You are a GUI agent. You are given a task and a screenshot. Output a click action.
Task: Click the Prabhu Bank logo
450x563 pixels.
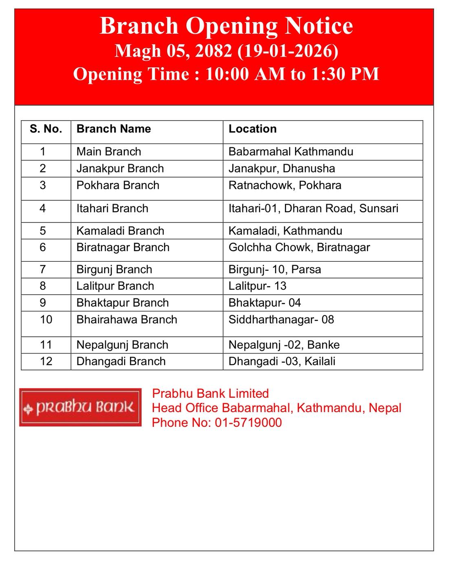80,407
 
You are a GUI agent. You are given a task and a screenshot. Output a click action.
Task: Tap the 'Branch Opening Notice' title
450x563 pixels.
226,26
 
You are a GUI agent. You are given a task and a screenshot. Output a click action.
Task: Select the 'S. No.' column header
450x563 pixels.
46,129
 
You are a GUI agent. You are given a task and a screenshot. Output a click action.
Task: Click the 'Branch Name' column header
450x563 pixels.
114,129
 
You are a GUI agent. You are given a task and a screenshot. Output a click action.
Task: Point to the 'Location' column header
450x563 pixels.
252,129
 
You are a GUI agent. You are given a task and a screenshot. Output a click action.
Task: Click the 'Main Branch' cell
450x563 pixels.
109,152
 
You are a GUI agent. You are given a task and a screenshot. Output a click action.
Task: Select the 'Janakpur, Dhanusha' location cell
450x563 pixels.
282,168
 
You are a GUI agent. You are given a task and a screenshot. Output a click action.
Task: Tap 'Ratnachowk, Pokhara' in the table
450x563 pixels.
285,185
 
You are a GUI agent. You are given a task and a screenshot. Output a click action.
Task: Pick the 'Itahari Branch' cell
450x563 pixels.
112,208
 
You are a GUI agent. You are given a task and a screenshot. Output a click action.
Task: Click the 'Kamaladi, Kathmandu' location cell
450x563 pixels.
285,231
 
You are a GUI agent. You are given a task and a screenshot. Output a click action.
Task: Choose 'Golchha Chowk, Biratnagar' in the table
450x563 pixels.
299,247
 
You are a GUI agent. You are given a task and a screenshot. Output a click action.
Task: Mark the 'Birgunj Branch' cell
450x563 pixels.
114,269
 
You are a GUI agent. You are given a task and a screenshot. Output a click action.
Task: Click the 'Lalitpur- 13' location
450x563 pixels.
257,286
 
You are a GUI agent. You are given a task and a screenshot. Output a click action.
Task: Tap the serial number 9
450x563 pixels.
43,302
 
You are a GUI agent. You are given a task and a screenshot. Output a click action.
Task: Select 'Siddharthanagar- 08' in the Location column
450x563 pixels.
281,319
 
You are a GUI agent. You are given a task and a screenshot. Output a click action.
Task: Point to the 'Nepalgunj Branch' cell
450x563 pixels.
122,345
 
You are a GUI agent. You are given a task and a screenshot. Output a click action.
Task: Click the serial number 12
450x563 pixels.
46,361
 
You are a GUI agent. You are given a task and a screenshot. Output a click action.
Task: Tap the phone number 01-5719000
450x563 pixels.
248,422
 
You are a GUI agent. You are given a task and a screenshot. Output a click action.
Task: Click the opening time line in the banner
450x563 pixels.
226,74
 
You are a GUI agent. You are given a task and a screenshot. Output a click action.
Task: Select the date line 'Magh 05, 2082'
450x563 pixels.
226,51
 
